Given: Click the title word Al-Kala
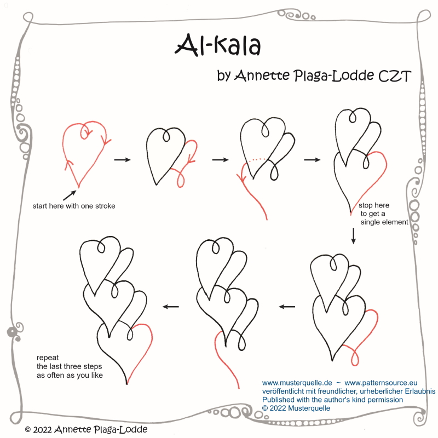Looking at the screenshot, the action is pos(218,45).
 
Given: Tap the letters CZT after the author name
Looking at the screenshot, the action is pos(395,76).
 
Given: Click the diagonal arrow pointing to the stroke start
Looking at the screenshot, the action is pos(70,195).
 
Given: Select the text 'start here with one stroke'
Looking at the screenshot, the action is pos(74,206).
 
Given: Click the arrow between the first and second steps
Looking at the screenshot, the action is pos(122,160).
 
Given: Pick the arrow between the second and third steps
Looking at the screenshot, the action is pos(221,160).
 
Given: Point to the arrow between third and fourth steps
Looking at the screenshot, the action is pos(312,160).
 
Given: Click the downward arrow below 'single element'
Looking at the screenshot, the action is pos(353,236).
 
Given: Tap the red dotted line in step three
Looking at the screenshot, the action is pos(257,159).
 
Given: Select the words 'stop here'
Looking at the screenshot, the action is pos(374,205).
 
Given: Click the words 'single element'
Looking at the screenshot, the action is pos(384,222).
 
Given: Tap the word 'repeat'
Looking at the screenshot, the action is pos(48,358).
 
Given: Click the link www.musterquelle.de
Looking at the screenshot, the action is pos(297,383).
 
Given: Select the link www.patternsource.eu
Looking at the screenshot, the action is pos(381,383).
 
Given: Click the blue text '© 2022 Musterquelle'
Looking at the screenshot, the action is pos(296,408).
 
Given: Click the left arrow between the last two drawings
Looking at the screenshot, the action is pos(171,307).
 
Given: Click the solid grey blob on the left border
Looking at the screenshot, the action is pos(12,332).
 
